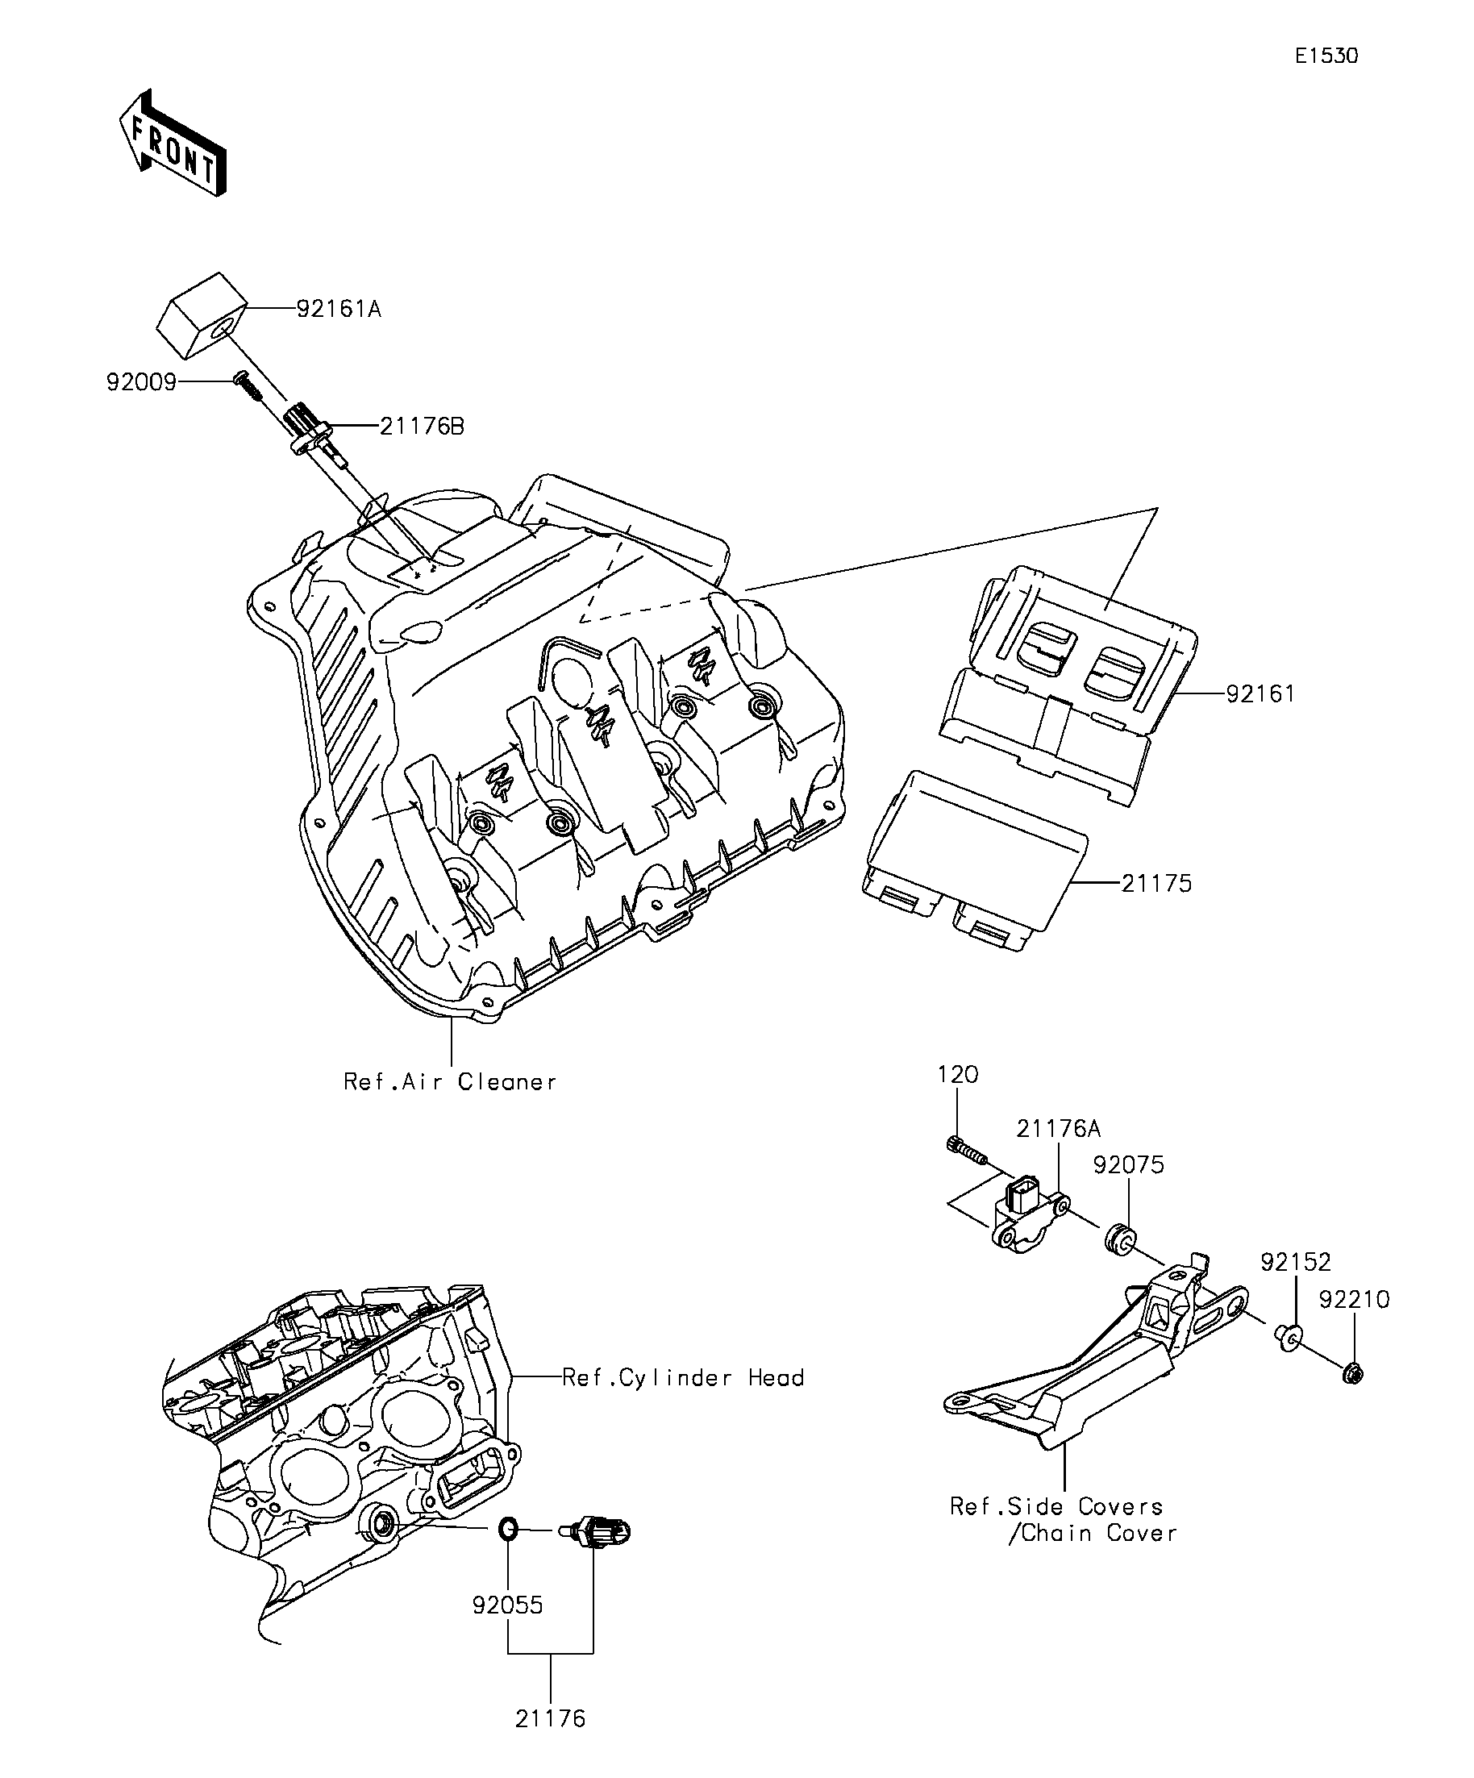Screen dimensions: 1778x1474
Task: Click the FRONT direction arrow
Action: coord(173,144)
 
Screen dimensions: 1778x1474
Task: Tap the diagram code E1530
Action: coord(1326,56)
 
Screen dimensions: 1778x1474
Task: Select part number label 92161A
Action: coord(339,310)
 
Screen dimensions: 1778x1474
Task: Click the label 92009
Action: coord(141,383)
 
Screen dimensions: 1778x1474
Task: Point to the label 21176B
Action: coord(422,427)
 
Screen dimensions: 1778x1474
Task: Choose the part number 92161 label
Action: coord(1260,694)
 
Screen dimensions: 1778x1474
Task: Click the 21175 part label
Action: coord(1156,884)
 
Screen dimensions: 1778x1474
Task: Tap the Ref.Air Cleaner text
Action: coord(450,1082)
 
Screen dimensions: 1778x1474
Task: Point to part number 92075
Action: coord(1129,1165)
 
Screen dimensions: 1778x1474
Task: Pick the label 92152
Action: coord(1295,1263)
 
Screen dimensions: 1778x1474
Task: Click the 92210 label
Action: coord(1354,1300)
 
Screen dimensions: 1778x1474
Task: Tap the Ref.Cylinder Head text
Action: coord(683,1377)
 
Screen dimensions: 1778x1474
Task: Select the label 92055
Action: coord(508,1605)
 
